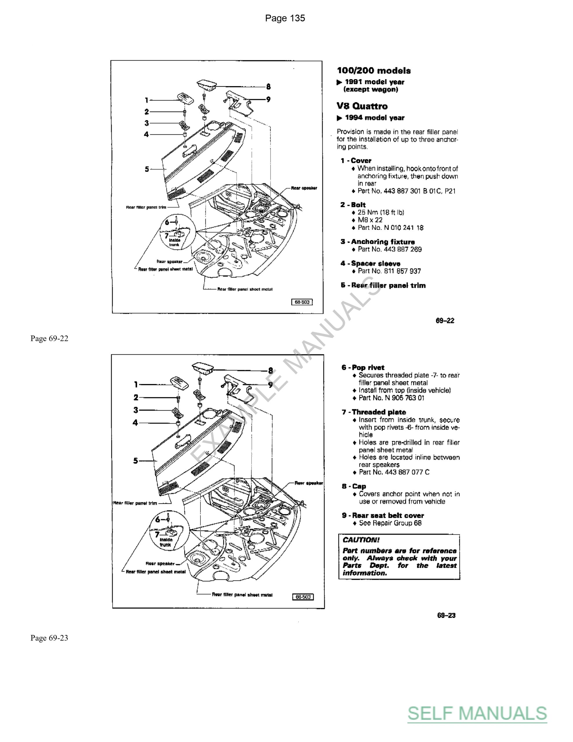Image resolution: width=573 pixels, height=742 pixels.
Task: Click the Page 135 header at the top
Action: [285, 18]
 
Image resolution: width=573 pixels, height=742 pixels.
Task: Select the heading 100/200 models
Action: [374, 71]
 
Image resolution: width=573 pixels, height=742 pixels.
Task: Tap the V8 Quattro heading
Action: [362, 106]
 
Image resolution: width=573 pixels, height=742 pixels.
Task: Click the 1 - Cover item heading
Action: [356, 160]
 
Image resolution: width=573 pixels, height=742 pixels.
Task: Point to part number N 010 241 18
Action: [390, 228]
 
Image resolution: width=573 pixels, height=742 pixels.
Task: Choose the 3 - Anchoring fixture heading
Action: [378, 241]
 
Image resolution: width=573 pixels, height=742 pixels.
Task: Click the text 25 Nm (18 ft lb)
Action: [381, 212]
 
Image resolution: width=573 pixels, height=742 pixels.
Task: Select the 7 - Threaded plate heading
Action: [374, 412]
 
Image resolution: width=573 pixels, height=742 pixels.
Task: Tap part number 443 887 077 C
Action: [394, 472]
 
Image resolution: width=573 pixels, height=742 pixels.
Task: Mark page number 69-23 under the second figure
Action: [446, 615]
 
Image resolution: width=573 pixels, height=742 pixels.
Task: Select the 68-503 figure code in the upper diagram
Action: [302, 302]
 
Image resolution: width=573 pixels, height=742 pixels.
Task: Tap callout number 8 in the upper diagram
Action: [268, 87]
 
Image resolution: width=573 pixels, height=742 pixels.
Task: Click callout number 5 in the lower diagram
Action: [136, 461]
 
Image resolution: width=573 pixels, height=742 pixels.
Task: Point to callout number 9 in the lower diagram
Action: [270, 385]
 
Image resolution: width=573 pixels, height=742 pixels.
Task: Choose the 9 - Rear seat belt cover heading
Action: [383, 515]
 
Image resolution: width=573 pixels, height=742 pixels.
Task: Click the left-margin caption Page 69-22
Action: [49, 338]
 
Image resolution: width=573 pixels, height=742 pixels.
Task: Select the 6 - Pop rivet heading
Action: [363, 367]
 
